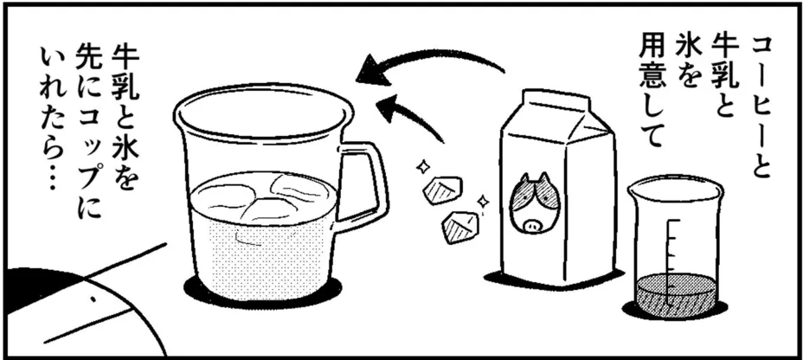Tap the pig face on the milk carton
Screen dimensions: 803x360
coord(534,203)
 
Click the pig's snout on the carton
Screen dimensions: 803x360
coord(531,224)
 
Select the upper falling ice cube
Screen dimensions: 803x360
coord(441,190)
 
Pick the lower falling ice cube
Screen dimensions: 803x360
coord(459,228)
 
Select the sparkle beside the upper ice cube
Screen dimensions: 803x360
coord(422,165)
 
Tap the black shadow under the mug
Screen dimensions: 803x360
coord(263,293)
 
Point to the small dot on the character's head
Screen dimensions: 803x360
coord(93,299)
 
